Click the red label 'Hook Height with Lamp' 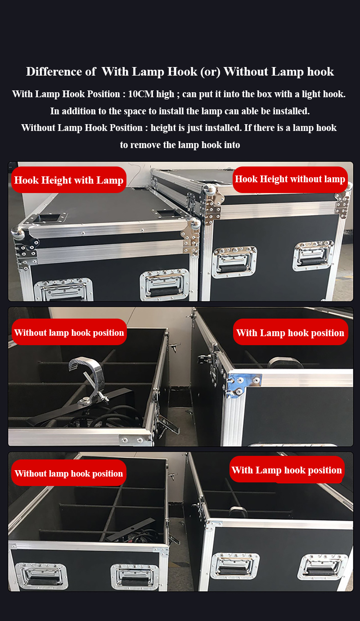coord(69,180)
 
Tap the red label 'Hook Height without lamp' coord(290,180)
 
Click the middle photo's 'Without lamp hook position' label coord(69,332)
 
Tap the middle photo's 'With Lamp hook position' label coord(290,332)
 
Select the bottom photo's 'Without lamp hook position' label coord(69,473)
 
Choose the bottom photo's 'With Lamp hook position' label coord(287,470)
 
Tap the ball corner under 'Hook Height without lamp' coord(210,190)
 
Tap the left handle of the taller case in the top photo coord(234,261)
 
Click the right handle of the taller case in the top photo coord(314,255)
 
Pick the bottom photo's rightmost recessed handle coord(322,567)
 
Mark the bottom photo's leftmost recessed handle coord(41,576)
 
